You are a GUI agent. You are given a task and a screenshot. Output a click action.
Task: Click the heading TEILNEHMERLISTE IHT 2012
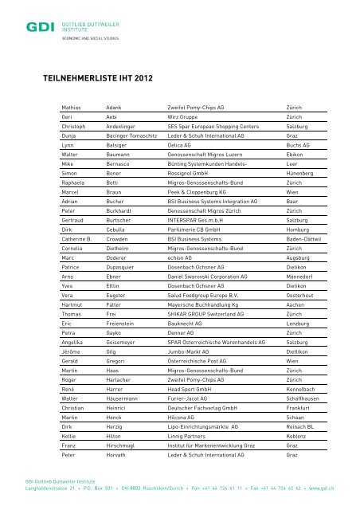[96, 79]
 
